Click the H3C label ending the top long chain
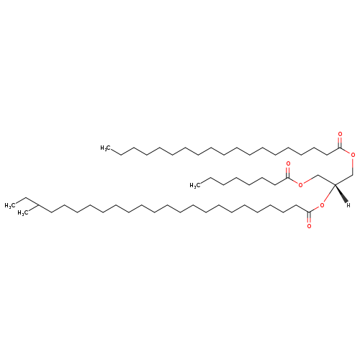(x=106, y=148)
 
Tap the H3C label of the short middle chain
(x=195, y=185)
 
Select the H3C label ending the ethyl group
(x=10, y=205)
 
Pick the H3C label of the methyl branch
(x=23, y=213)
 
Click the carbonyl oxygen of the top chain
(x=340, y=134)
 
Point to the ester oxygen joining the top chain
(x=353, y=155)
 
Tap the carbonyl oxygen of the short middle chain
(x=288, y=164)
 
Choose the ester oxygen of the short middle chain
(x=301, y=185)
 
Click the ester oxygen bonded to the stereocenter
(x=322, y=205)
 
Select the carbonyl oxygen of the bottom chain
(x=309, y=226)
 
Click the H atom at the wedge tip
(x=348, y=205)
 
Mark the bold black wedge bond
(x=341, y=194)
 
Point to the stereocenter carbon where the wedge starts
(x=335, y=184)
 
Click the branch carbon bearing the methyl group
(x=39, y=205)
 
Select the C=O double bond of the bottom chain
(x=309, y=217)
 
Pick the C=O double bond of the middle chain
(x=288, y=173)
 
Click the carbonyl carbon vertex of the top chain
(x=340, y=148)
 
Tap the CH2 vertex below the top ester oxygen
(x=353, y=175)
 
